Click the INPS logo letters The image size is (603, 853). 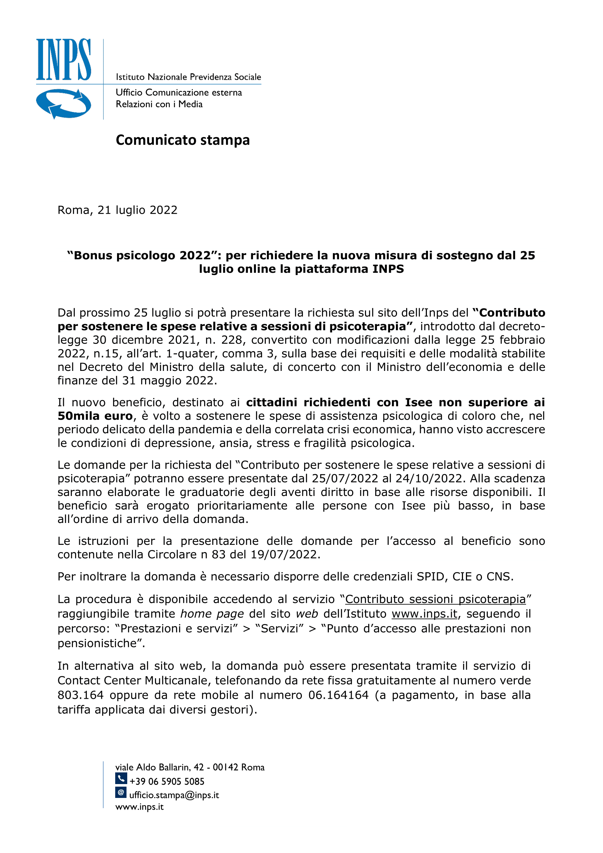[63, 59]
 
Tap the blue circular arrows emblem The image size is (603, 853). [63, 104]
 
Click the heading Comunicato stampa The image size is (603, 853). [183, 140]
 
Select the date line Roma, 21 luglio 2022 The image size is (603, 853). [117, 210]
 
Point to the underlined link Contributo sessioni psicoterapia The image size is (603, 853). [435, 599]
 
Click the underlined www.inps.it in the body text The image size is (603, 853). [424, 614]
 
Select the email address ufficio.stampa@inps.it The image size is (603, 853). [174, 795]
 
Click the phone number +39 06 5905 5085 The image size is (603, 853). [167, 781]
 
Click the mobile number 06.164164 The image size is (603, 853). [338, 695]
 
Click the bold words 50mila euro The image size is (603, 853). [95, 416]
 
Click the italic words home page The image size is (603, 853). [212, 614]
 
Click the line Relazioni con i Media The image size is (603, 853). [159, 104]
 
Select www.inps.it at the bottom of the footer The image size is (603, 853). [139, 807]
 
